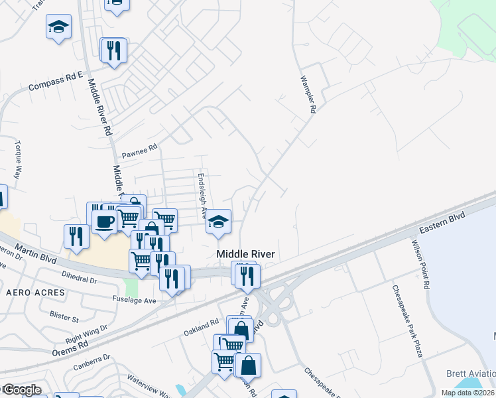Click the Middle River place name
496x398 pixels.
(x=246, y=254)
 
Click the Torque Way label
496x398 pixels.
(x=18, y=160)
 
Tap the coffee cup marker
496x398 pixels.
(x=105, y=221)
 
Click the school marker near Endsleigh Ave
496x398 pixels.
(x=217, y=222)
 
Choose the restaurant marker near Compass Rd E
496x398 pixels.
(x=113, y=50)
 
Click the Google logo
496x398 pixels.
(x=21, y=390)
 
